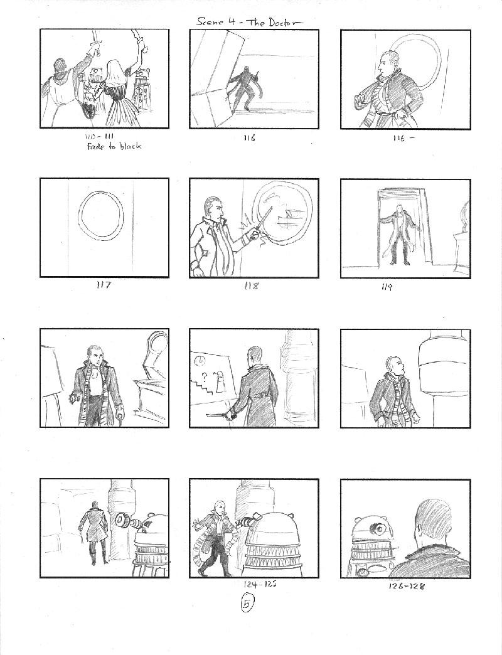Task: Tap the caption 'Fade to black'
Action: click(114, 146)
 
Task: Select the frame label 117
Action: click(103, 285)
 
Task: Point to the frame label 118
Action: click(251, 285)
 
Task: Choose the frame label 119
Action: click(387, 287)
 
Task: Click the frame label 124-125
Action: click(260, 584)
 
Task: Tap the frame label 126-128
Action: click(407, 586)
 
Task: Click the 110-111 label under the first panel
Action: click(99, 136)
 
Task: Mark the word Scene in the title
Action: click(211, 22)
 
